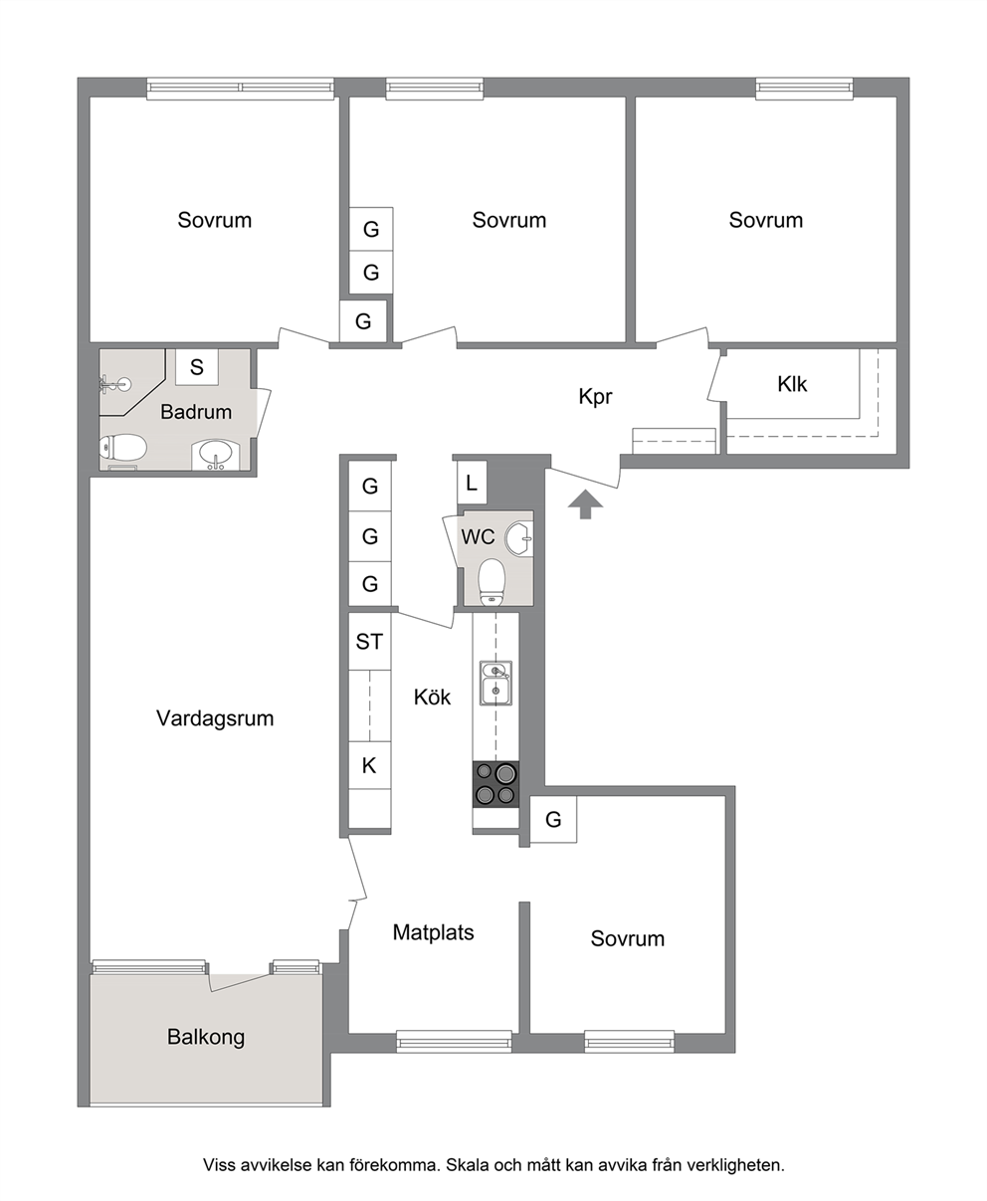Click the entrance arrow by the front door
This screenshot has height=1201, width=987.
[x=585, y=504]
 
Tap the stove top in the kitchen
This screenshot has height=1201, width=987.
[x=495, y=784]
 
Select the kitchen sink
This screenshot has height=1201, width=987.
[x=495, y=683]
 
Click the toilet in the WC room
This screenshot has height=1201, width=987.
[x=492, y=581]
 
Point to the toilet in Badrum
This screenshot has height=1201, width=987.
[x=123, y=448]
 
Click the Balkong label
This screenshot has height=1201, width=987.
[x=206, y=1037]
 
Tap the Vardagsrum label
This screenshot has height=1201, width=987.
[x=215, y=718]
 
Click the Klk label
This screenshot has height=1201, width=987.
[x=792, y=384]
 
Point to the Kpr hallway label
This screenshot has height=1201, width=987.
[x=595, y=396]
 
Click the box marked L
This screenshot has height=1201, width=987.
[x=472, y=483]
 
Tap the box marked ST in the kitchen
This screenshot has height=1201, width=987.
[x=369, y=641]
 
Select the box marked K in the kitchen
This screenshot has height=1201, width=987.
[x=369, y=765]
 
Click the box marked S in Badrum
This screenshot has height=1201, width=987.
[x=196, y=367]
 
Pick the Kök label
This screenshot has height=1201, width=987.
[x=432, y=698]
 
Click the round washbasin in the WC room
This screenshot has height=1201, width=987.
[x=518, y=538]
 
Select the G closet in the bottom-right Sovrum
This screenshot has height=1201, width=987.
[x=553, y=820]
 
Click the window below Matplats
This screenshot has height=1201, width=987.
[x=454, y=1041]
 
